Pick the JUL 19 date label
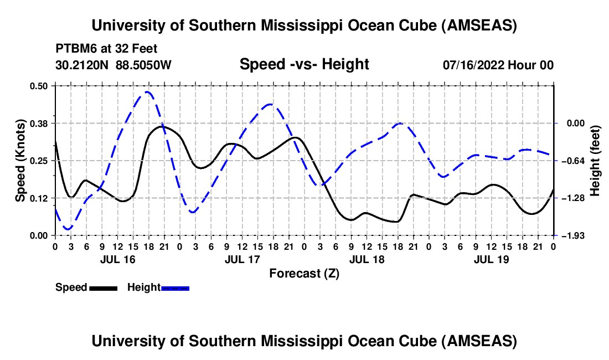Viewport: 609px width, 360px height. tap(491, 259)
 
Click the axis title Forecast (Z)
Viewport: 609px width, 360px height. tap(304, 273)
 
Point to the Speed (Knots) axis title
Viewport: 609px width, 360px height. tap(20, 161)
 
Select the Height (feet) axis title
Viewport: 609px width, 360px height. tap(595, 161)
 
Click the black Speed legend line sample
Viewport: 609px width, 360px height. tap(103, 288)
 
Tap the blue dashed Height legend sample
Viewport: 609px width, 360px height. tap(175, 288)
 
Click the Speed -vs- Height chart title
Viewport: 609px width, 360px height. tap(304, 65)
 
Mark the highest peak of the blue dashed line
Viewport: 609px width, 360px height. tap(147, 92)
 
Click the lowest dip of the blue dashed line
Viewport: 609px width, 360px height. tap(68, 229)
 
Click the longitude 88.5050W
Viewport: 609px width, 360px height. tap(144, 65)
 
